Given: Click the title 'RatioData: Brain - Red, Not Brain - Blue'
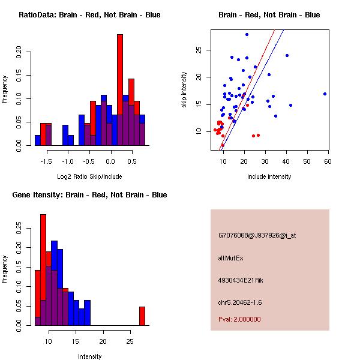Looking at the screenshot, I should [x=89, y=15].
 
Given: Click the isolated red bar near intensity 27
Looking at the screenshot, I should [x=142, y=316].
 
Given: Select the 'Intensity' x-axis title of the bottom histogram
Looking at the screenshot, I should [x=90, y=356].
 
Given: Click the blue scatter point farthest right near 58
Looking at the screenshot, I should [x=325, y=94].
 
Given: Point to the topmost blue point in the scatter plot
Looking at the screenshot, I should [x=247, y=34].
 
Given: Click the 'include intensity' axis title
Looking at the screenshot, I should [x=269, y=176].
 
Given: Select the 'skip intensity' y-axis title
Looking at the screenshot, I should [x=185, y=90].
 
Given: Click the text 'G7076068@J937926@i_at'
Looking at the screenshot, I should [x=257, y=235].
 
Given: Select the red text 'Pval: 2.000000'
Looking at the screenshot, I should [x=239, y=319].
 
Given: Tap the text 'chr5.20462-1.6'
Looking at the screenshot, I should [x=241, y=302].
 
